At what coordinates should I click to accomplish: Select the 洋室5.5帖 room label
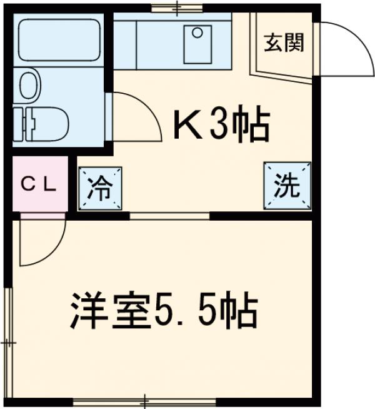(x=163, y=310)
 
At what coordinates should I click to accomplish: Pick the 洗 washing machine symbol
(x=287, y=186)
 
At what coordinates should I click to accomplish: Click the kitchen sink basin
(x=199, y=43)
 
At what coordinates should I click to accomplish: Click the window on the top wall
(x=176, y=8)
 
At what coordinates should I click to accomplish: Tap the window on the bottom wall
(x=144, y=400)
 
